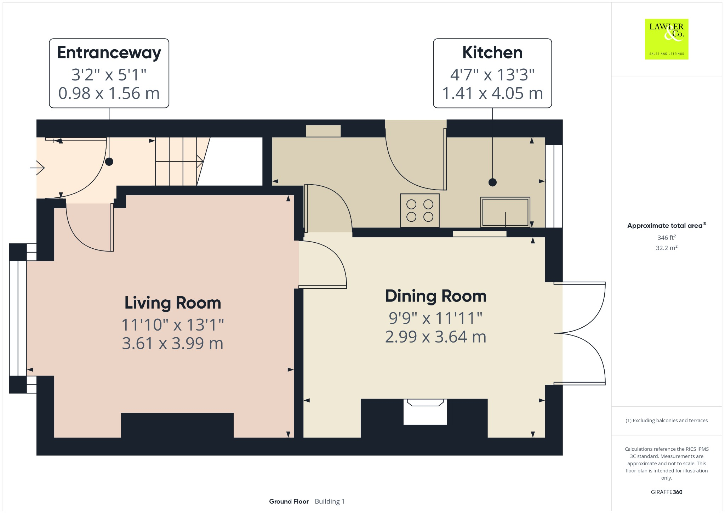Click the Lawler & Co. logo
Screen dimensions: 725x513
[667, 39]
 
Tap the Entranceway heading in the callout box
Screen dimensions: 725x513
[109, 53]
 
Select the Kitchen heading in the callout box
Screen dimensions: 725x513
[492, 52]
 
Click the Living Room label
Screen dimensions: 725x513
[173, 303]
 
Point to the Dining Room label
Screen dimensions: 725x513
[436, 296]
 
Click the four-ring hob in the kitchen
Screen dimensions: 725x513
[420, 210]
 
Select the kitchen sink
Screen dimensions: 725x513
[505, 212]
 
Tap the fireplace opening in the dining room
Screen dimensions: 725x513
[425, 412]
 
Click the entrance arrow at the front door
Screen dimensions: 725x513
[37, 168]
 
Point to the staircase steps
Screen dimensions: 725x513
[179, 162]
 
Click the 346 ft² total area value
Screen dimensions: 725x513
[667, 237]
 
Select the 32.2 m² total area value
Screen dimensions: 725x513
[667, 248]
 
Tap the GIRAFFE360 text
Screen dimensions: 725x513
[667, 492]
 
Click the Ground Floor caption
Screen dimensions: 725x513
[289, 501]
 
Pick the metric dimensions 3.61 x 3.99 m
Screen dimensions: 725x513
[173, 343]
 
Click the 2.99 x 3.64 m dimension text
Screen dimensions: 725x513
[436, 337]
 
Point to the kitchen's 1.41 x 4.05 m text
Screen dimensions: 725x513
[492, 93]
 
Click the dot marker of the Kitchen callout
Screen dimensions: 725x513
[492, 182]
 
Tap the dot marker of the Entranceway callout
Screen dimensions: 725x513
[109, 162]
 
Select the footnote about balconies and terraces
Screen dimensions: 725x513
[667, 421]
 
